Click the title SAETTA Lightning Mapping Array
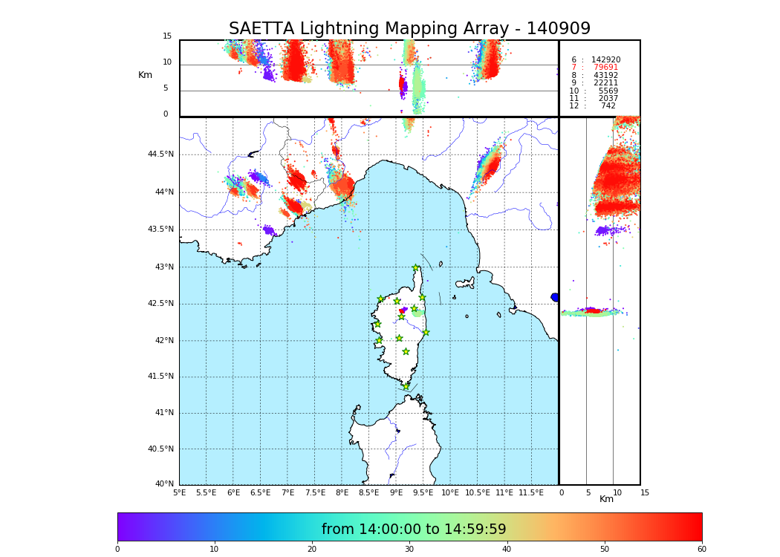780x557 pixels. coord(409,29)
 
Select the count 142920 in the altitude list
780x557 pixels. coord(605,59)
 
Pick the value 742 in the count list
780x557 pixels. coord(608,106)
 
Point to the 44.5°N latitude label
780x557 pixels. coord(160,154)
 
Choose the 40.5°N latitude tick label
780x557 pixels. coord(160,449)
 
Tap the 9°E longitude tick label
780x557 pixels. coord(396,493)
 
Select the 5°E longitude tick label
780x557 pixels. coord(180,493)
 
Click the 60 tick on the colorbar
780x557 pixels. coord(701,550)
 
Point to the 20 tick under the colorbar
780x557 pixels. coord(312,550)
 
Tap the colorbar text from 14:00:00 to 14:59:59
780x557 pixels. coord(414,530)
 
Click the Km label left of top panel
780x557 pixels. coord(145,75)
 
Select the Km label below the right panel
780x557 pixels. coord(606,499)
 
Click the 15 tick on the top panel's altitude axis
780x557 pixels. coord(167,36)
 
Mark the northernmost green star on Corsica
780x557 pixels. coord(416,268)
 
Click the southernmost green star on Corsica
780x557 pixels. coord(406,386)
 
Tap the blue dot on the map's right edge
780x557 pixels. coord(554,297)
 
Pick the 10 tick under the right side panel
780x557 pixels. coord(617,493)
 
